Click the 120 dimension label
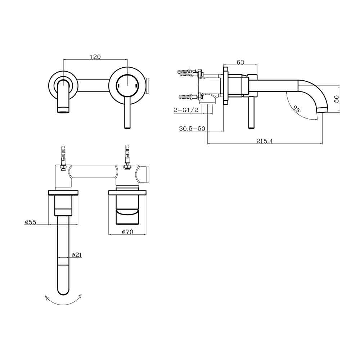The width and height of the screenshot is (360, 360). click(95, 57)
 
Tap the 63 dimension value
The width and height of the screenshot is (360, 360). click(240, 62)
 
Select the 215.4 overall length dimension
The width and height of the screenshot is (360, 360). click(265, 141)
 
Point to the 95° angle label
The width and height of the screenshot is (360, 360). click(296, 109)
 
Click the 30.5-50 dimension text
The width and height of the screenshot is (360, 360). click(192, 129)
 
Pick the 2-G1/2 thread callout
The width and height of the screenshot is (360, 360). click(186, 110)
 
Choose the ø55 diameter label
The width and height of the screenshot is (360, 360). click(30, 222)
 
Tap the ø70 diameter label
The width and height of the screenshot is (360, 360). click(127, 232)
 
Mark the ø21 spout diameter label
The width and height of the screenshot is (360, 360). click(77, 255)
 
